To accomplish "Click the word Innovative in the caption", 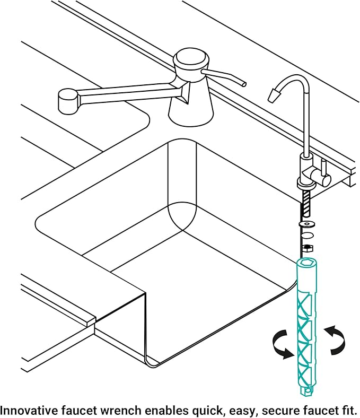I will coord(26,410).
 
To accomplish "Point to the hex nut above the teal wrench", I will coord(306,248).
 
